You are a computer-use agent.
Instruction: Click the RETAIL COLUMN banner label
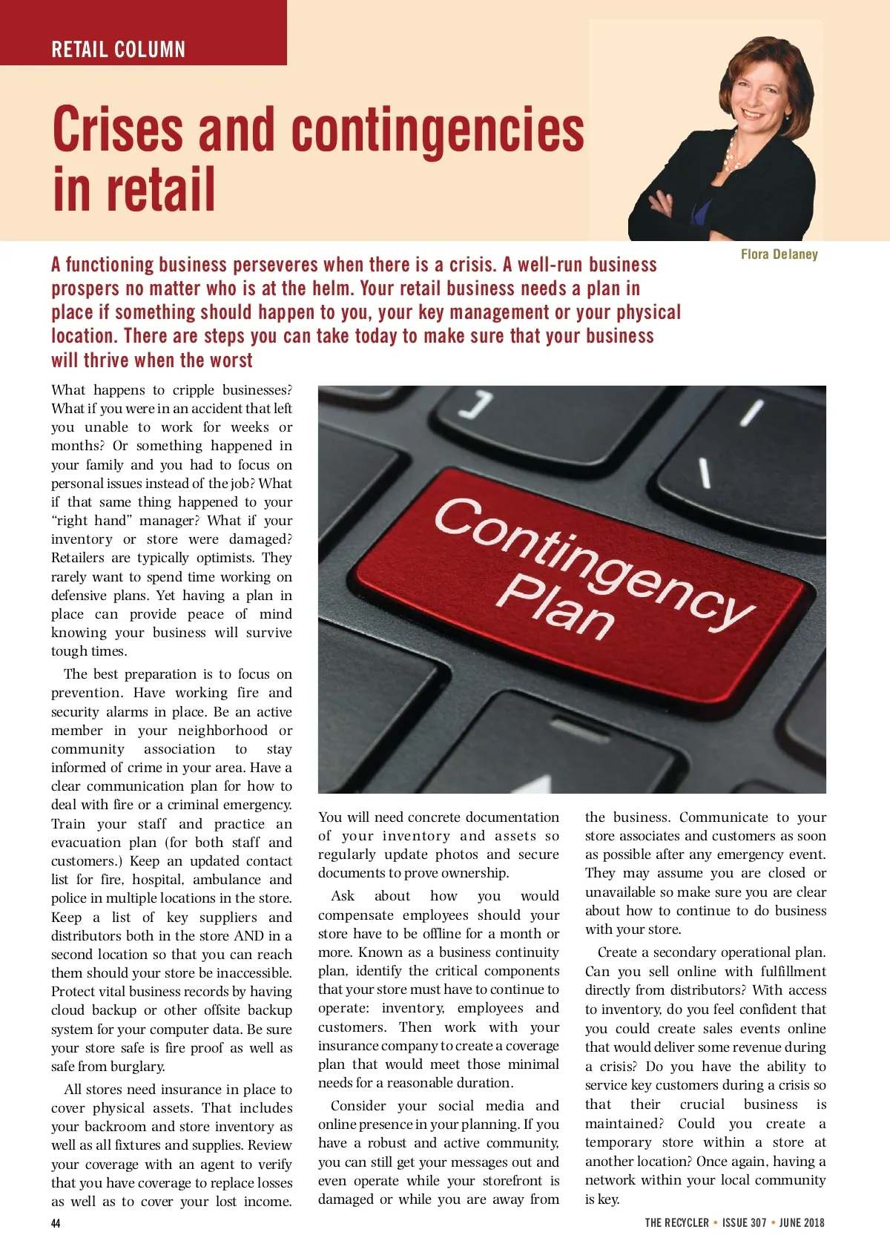pos(119,50)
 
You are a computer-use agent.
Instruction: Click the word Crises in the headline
pos(118,129)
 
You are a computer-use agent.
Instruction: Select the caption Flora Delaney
pos(779,254)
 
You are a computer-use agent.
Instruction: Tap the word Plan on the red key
pos(559,607)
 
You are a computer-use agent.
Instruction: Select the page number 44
pos(56,1223)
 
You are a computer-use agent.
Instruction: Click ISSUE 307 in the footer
pos(744,1223)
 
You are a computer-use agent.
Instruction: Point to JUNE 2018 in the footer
pos(802,1223)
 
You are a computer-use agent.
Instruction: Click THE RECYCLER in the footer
pos(676,1223)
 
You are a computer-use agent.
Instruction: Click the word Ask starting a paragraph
pos(343,896)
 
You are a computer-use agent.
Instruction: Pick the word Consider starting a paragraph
pos(358,1106)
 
